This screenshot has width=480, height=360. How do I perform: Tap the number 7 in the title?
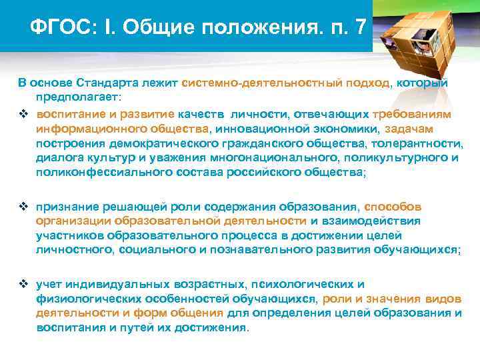point(361,27)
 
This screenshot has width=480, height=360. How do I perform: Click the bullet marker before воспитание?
point(23,114)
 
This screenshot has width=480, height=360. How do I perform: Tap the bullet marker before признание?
point(23,207)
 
